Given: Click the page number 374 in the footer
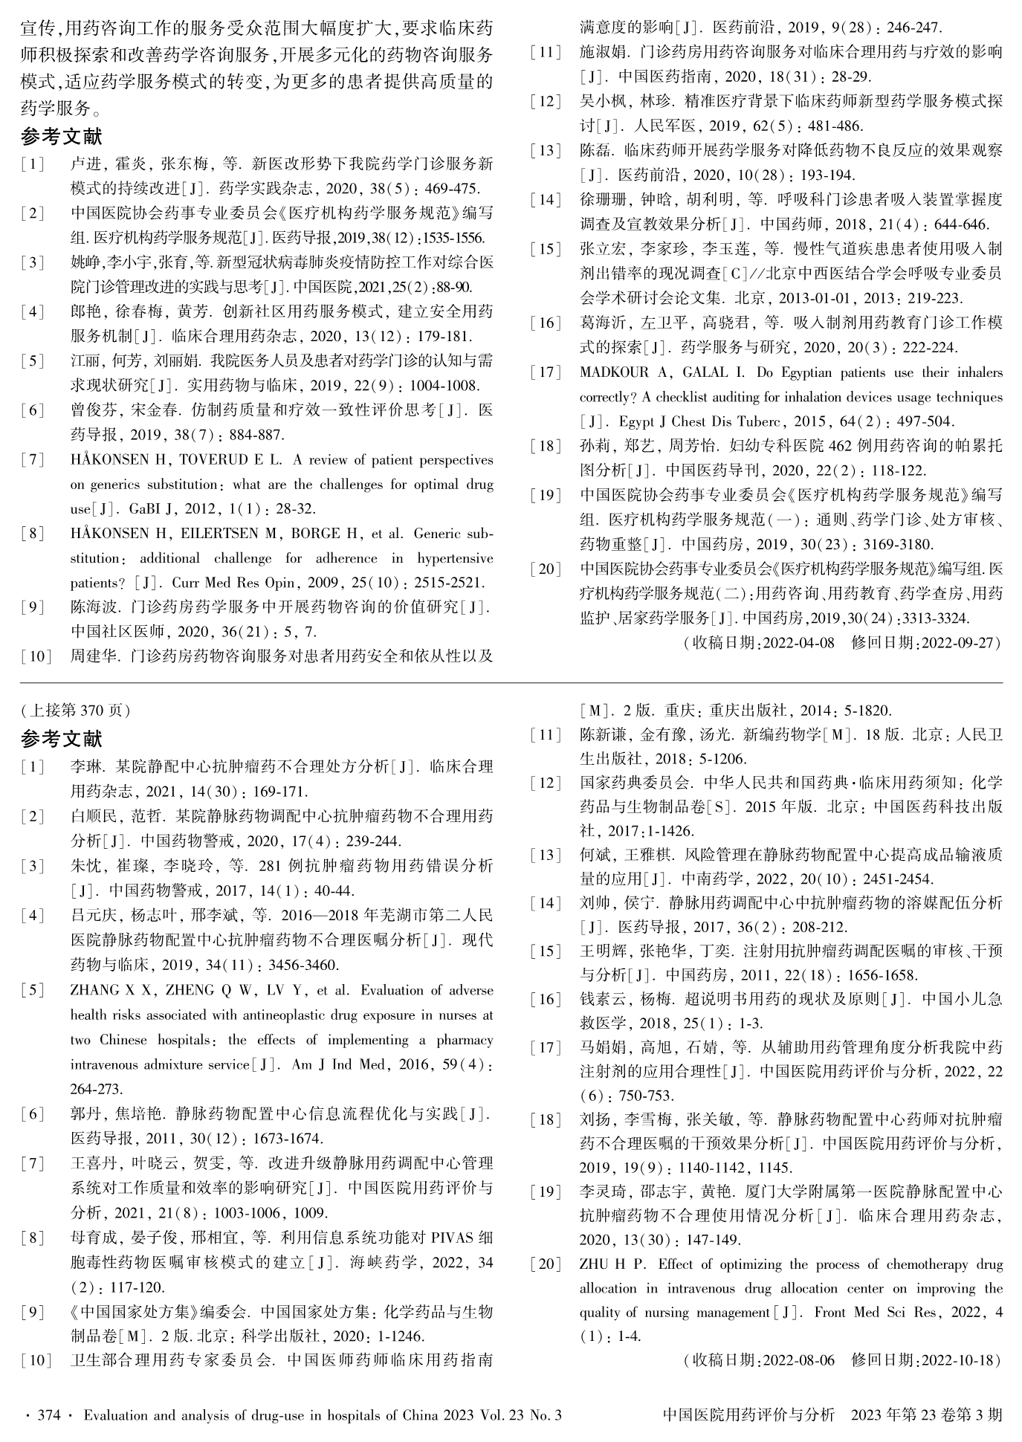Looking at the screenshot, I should coord(47,1415).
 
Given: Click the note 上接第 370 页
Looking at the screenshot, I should coord(76,710).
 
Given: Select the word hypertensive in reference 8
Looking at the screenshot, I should coord(455,558).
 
